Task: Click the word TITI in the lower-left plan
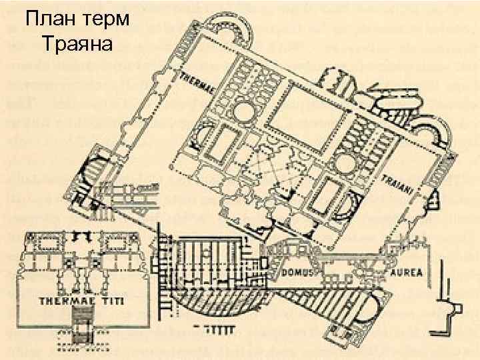[x=119, y=301]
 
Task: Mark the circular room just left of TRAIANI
[x=346, y=163]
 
